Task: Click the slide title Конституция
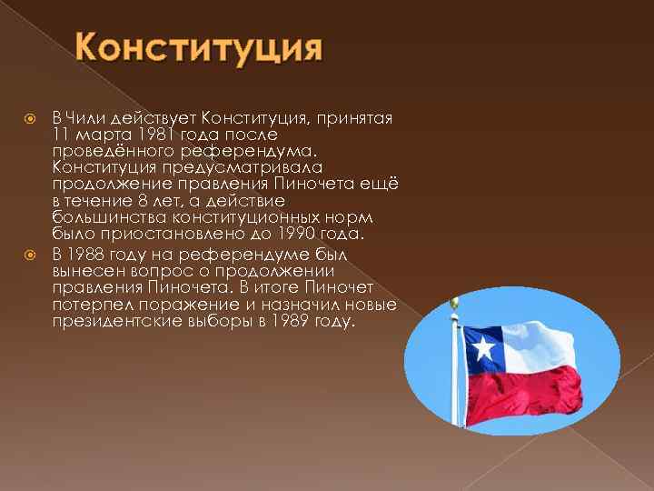click(x=198, y=46)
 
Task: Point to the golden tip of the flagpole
click(x=456, y=302)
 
